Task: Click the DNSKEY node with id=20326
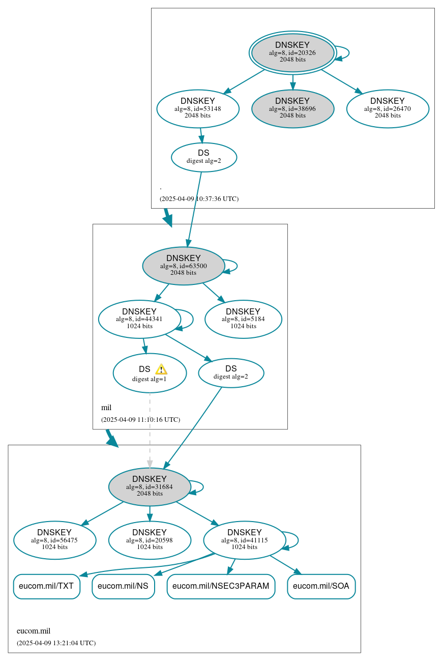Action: coord(292,52)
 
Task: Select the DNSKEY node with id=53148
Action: coord(198,108)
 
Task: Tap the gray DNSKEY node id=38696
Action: coord(292,108)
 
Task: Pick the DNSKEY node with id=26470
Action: coord(388,108)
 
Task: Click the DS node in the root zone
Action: coord(203,157)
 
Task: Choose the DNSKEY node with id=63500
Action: coord(184,266)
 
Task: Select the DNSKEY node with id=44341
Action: coord(139,319)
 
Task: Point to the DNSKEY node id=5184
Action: coord(243,319)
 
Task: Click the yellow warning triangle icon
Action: coord(161,369)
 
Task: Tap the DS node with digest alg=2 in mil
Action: coord(231,372)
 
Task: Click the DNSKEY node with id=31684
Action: coord(150,486)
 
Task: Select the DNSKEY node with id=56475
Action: coord(54,540)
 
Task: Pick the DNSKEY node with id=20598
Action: coord(150,540)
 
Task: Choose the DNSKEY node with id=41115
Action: coord(245,540)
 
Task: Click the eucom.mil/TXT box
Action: coord(46,586)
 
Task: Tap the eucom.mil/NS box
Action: coord(123,586)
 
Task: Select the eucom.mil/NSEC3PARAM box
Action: coord(221,586)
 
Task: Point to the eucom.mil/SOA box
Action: coord(321,586)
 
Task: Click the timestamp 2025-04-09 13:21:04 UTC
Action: coord(56,643)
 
